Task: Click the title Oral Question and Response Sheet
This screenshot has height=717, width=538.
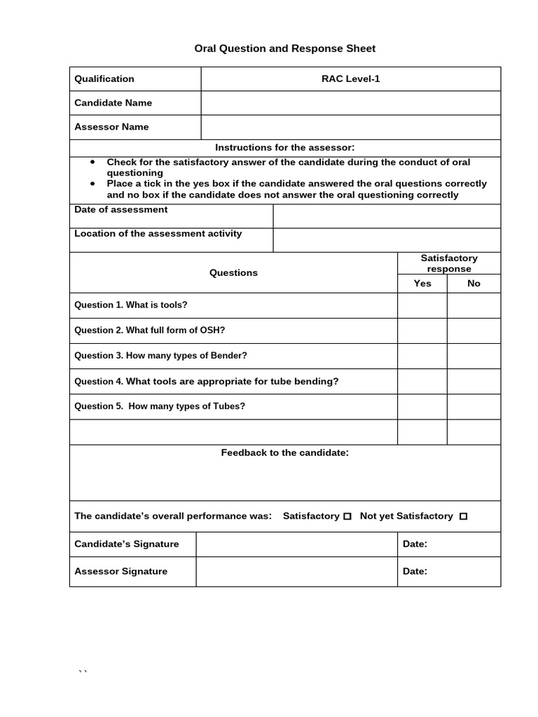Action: tap(284, 48)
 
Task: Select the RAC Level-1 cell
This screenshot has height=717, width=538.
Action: tap(350, 78)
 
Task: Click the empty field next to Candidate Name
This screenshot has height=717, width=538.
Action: tap(350, 103)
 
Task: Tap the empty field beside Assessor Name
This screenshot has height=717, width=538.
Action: tap(350, 127)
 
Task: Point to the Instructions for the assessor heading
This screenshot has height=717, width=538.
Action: tap(284, 148)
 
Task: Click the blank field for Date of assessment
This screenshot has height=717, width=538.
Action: tap(387, 216)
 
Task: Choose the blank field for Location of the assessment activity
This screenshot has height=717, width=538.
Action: tap(387, 239)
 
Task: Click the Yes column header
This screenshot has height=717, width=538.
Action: tap(422, 284)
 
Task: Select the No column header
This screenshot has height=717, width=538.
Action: tap(474, 284)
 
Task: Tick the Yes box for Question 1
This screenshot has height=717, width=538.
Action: tap(422, 305)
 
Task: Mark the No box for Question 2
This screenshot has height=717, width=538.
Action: tap(474, 330)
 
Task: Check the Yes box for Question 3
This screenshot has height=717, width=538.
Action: tap(422, 356)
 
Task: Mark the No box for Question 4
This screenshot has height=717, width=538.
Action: tap(474, 382)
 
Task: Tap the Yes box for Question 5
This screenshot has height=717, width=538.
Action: tap(422, 407)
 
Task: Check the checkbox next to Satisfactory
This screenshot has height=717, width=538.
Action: tap(347, 517)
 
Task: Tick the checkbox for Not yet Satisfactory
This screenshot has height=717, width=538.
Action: tap(463, 517)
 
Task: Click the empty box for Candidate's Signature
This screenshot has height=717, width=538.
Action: tap(296, 544)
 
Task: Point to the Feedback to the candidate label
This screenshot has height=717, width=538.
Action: tap(284, 453)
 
